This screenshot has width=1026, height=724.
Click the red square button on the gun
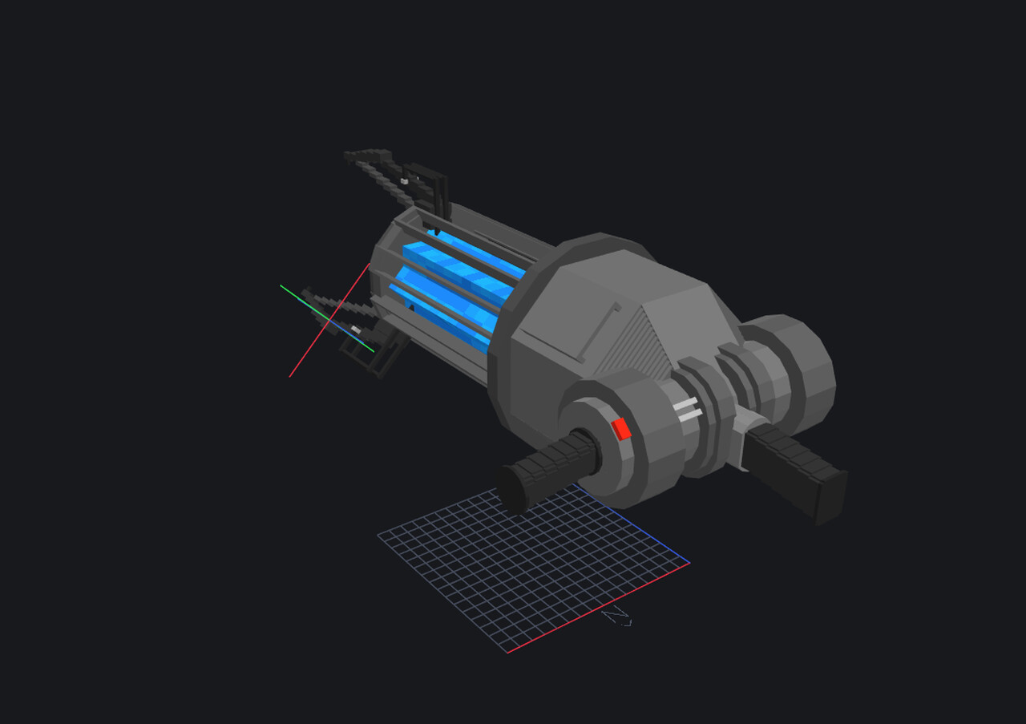point(621,429)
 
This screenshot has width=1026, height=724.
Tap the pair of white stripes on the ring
point(688,409)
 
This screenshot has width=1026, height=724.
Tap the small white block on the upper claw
point(405,182)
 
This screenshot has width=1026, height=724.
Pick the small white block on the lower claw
point(356,330)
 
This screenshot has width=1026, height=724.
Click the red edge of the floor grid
point(597,608)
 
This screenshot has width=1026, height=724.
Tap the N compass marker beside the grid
point(617,617)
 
